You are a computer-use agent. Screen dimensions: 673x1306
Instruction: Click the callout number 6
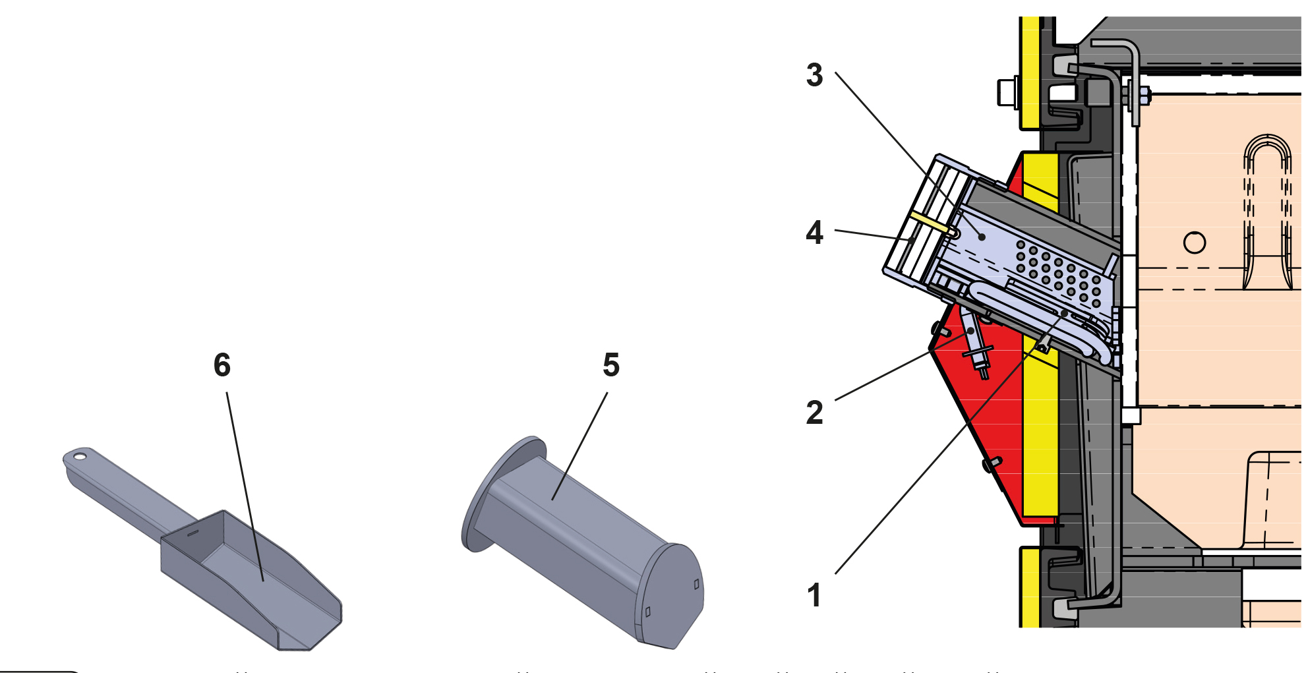pos(222,365)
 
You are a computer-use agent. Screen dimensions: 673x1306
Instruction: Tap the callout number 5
pos(611,365)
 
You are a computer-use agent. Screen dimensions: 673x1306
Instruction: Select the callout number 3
pos(815,75)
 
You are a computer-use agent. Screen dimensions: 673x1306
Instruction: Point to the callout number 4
pos(815,233)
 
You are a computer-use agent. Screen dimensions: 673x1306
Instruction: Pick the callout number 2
pos(815,413)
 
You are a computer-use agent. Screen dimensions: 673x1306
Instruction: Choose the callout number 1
pos(815,595)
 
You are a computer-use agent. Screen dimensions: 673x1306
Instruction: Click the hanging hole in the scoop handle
pos(80,455)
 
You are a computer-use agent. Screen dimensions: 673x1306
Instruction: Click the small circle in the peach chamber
pos(1195,243)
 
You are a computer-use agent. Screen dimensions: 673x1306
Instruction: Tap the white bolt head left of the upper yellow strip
pos(1007,92)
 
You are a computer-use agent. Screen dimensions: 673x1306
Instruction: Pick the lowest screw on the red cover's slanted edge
pos(992,464)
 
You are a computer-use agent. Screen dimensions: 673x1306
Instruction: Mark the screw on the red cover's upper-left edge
pos(939,328)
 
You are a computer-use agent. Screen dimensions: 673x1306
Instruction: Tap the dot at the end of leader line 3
pos(982,237)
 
